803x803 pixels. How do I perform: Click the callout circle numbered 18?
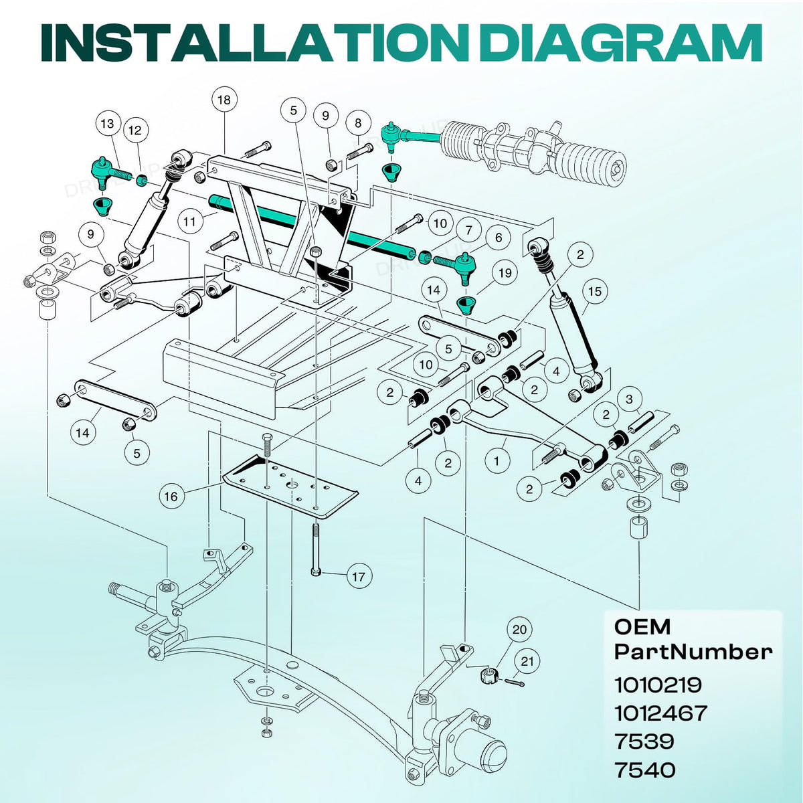224,100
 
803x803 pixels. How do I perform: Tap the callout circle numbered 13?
108,123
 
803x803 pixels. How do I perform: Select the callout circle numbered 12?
135,130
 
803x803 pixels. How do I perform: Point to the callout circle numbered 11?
189,221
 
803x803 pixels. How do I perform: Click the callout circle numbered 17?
359,577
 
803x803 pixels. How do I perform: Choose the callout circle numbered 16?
171,497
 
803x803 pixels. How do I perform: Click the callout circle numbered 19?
505,273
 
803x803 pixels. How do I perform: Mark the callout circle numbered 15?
595,291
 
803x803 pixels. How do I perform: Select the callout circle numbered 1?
497,461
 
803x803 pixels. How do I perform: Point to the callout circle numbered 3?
629,399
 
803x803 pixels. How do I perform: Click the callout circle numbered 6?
499,238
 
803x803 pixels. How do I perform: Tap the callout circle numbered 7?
469,230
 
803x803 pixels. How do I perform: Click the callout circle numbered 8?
357,123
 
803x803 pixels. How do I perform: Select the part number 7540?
645,770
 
